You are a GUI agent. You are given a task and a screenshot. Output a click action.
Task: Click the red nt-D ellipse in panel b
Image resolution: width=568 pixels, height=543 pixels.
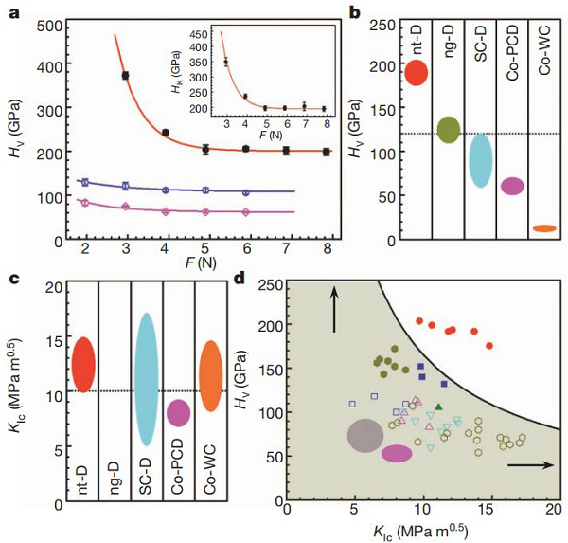tap(417, 72)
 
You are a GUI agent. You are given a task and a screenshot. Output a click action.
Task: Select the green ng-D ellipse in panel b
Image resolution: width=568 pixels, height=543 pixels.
tap(449, 130)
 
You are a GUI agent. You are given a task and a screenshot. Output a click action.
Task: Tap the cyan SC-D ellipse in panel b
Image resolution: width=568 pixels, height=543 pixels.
tap(481, 160)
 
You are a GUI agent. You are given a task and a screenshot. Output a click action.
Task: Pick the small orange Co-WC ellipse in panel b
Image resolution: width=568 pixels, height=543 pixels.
tap(544, 228)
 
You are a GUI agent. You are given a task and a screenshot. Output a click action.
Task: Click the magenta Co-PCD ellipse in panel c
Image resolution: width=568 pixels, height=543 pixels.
tap(178, 412)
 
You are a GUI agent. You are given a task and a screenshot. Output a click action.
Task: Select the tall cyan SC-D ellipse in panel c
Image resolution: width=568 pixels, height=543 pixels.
tap(147, 379)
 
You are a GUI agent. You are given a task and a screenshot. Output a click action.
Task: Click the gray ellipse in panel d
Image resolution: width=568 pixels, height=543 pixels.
tap(364, 436)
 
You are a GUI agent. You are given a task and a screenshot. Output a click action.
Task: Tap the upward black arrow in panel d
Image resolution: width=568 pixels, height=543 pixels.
tap(334, 311)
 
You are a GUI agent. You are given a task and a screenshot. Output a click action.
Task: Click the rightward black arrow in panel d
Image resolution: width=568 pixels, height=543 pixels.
tap(530, 465)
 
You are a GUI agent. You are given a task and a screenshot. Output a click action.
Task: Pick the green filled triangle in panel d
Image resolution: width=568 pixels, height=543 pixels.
tap(438, 407)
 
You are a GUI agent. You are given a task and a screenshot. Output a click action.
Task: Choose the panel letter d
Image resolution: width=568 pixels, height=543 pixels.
tap(251, 281)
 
